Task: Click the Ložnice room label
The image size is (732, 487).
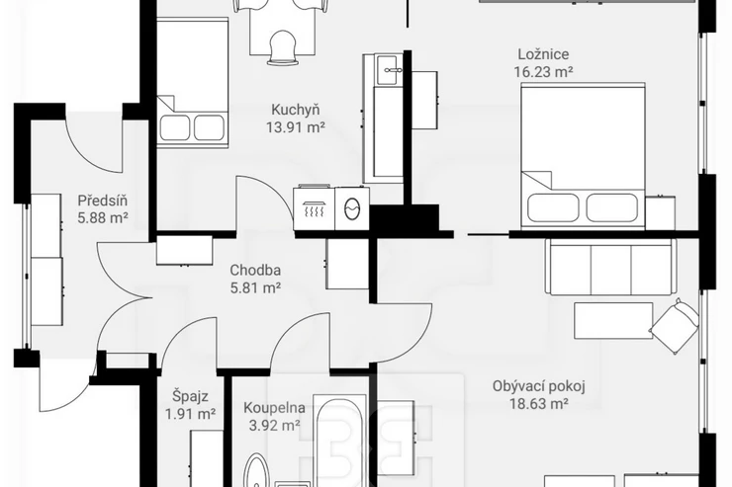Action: (543, 54)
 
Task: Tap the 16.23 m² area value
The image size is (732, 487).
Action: (543, 72)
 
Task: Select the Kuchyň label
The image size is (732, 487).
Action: (296, 110)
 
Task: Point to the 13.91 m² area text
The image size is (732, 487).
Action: (296, 127)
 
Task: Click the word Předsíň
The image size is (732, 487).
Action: (103, 201)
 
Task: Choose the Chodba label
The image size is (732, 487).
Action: (255, 271)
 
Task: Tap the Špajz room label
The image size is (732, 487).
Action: (191, 397)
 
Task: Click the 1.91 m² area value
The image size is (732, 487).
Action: (191, 414)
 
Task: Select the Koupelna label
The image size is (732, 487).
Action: (275, 408)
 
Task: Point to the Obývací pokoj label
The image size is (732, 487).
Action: (539, 387)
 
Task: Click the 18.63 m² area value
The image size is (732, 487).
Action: (539, 404)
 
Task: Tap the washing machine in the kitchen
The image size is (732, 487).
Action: (352, 208)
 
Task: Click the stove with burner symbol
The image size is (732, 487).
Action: (315, 208)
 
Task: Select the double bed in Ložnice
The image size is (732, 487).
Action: (583, 156)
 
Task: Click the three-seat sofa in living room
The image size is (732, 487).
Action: (610, 267)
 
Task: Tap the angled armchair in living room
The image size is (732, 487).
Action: (675, 328)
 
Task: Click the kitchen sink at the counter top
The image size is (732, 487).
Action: (387, 70)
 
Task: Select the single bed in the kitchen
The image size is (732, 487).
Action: (192, 83)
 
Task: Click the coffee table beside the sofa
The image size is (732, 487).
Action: (613, 321)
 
